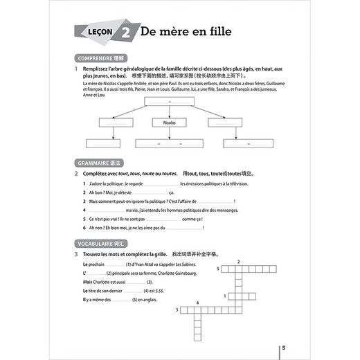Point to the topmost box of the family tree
pos(169,102)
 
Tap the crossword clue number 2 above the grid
pos(238,261)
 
